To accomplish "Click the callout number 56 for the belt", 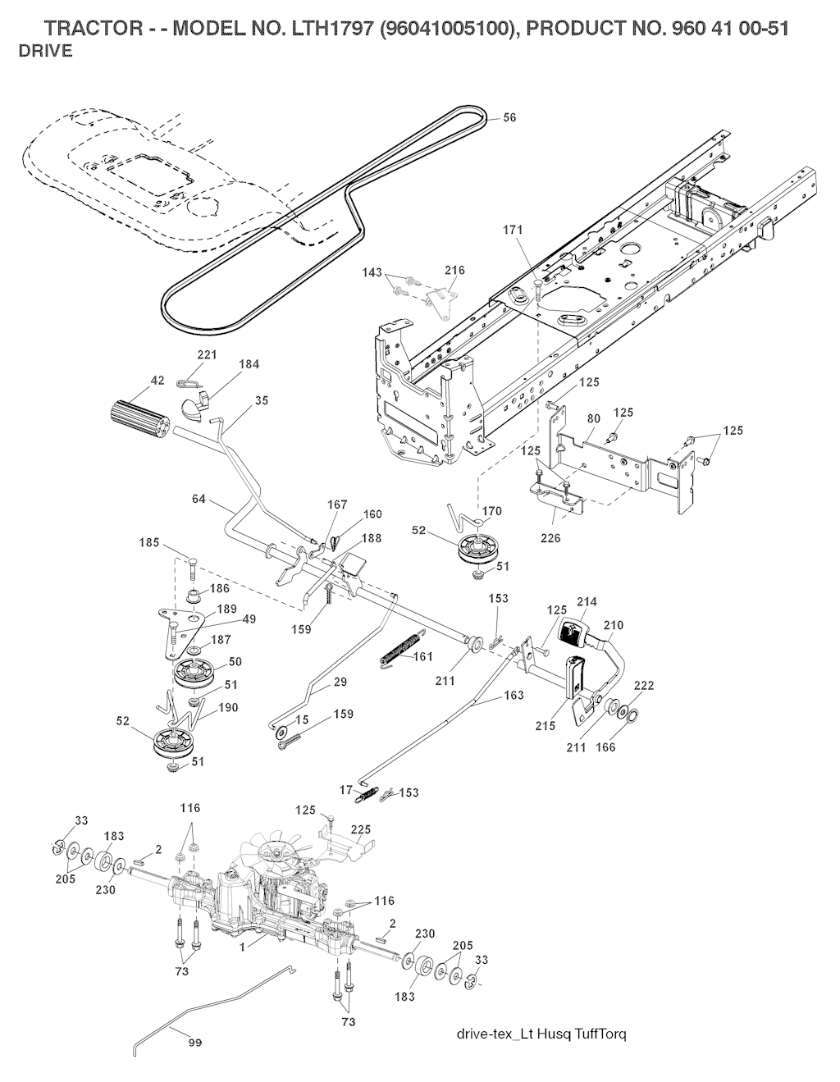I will (509, 118).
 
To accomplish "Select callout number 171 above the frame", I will (514, 231).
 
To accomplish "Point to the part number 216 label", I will (454, 270).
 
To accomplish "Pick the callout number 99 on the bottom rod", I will (195, 1043).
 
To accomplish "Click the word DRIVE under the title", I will (45, 51).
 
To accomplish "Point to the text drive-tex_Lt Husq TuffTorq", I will (541, 1032).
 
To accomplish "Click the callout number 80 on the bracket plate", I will (595, 418).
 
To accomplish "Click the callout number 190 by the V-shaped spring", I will (228, 707).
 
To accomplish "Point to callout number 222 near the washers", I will (644, 686).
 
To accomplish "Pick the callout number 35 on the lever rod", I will (261, 400).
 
